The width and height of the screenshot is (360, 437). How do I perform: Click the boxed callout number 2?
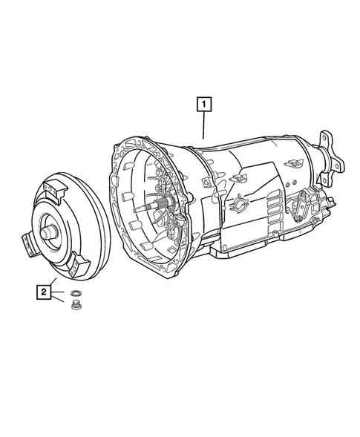point(45,293)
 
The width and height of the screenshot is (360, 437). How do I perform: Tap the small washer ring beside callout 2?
point(75,295)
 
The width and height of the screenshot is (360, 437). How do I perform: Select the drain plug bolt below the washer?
point(75,308)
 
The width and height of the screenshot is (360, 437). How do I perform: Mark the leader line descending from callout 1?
point(203,125)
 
